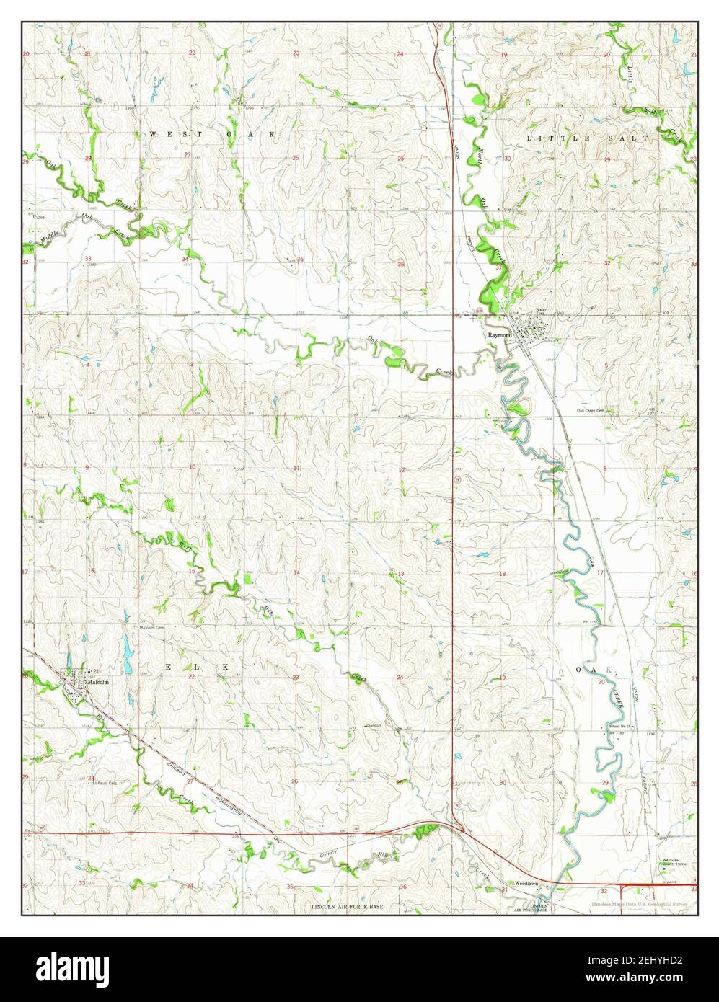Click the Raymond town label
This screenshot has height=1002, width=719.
coord(499,335)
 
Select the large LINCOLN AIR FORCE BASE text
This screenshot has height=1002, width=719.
coord(348,905)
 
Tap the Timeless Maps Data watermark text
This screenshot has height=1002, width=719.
coord(639,904)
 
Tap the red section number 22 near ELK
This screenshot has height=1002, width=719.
coord(193,678)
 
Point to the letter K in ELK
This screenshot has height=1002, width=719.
coord(225,668)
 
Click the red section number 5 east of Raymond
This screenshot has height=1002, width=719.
coord(607,366)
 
